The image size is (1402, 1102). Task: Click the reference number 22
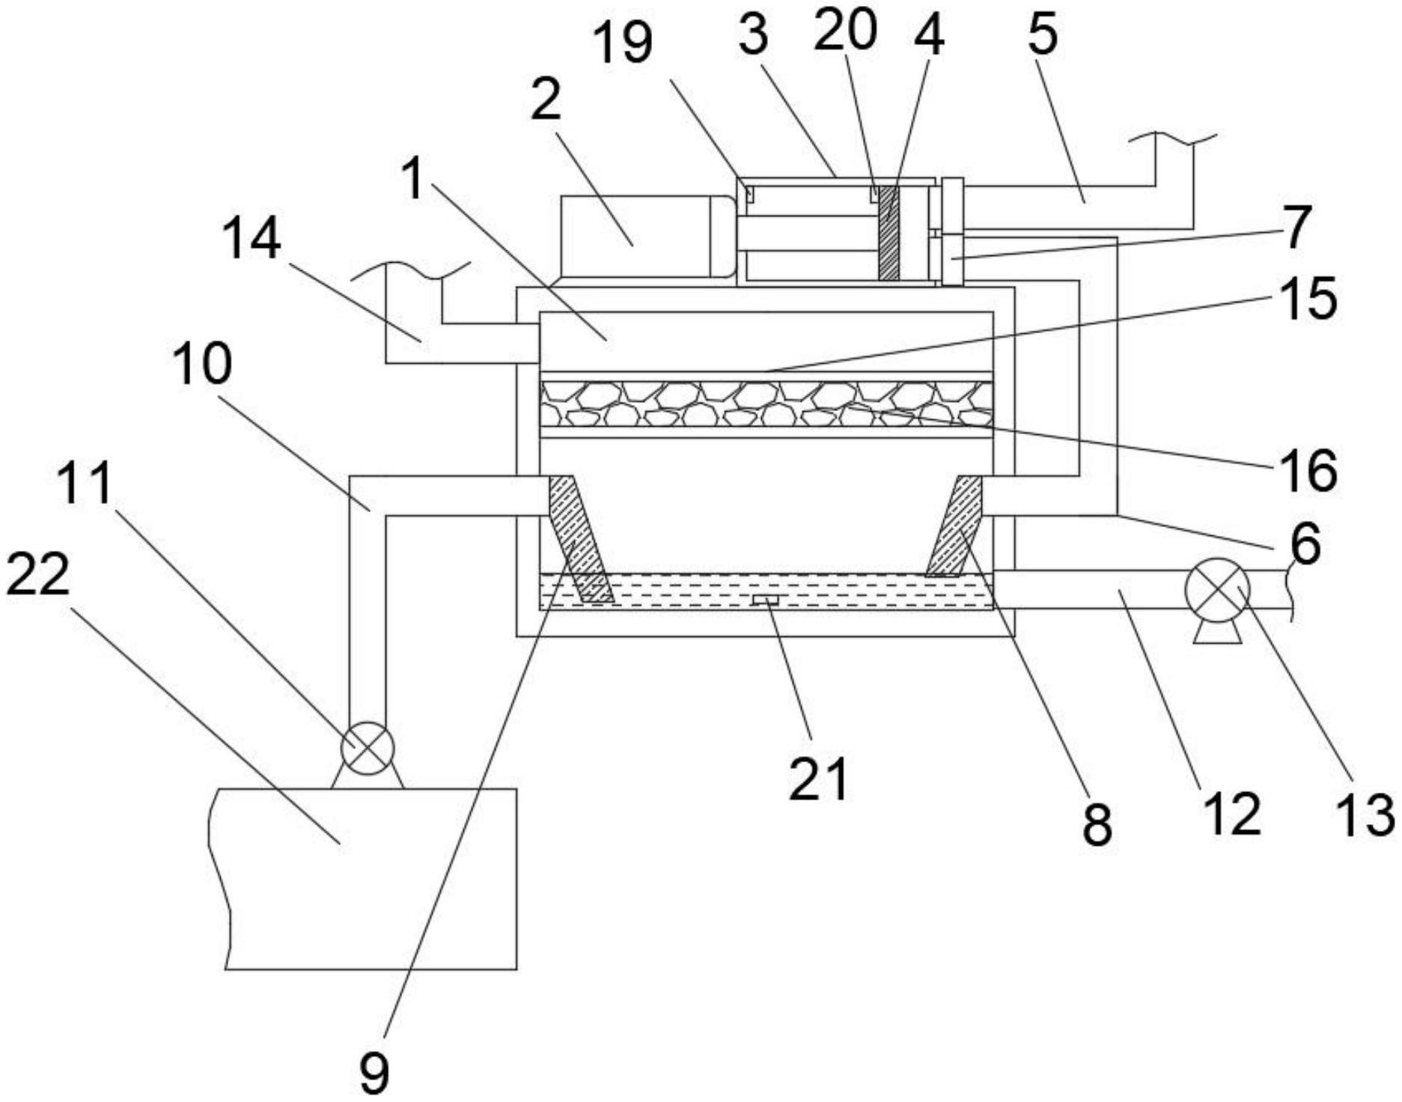pos(37,576)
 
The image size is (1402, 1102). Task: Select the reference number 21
pos(818,779)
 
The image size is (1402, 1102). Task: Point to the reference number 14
pos(252,239)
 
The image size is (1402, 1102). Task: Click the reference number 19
pos(622,43)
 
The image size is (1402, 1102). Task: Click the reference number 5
pos(1042,34)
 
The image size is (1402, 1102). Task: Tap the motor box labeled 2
pos(644,237)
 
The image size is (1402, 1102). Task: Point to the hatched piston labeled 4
pos(889,234)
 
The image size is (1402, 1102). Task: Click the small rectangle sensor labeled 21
pos(766,600)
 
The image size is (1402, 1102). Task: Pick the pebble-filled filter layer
pos(766,404)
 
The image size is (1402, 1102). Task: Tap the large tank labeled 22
pos(367,879)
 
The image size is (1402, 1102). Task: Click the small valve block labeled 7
pos(952,259)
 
